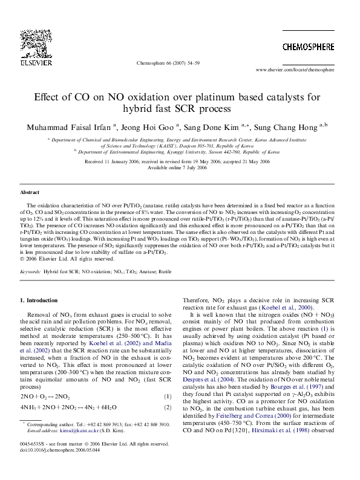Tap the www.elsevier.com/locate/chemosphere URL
(x=295, y=70)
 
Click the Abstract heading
(x=30, y=192)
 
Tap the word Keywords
(x=31, y=273)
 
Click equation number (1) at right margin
(x=168, y=396)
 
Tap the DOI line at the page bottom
(x=59, y=467)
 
